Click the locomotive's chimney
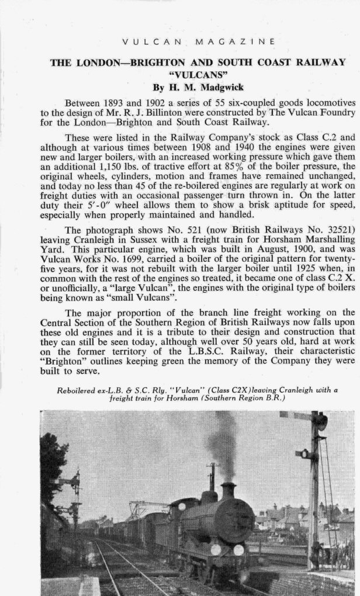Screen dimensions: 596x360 click(227, 490)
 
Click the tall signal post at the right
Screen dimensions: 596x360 click(316, 491)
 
